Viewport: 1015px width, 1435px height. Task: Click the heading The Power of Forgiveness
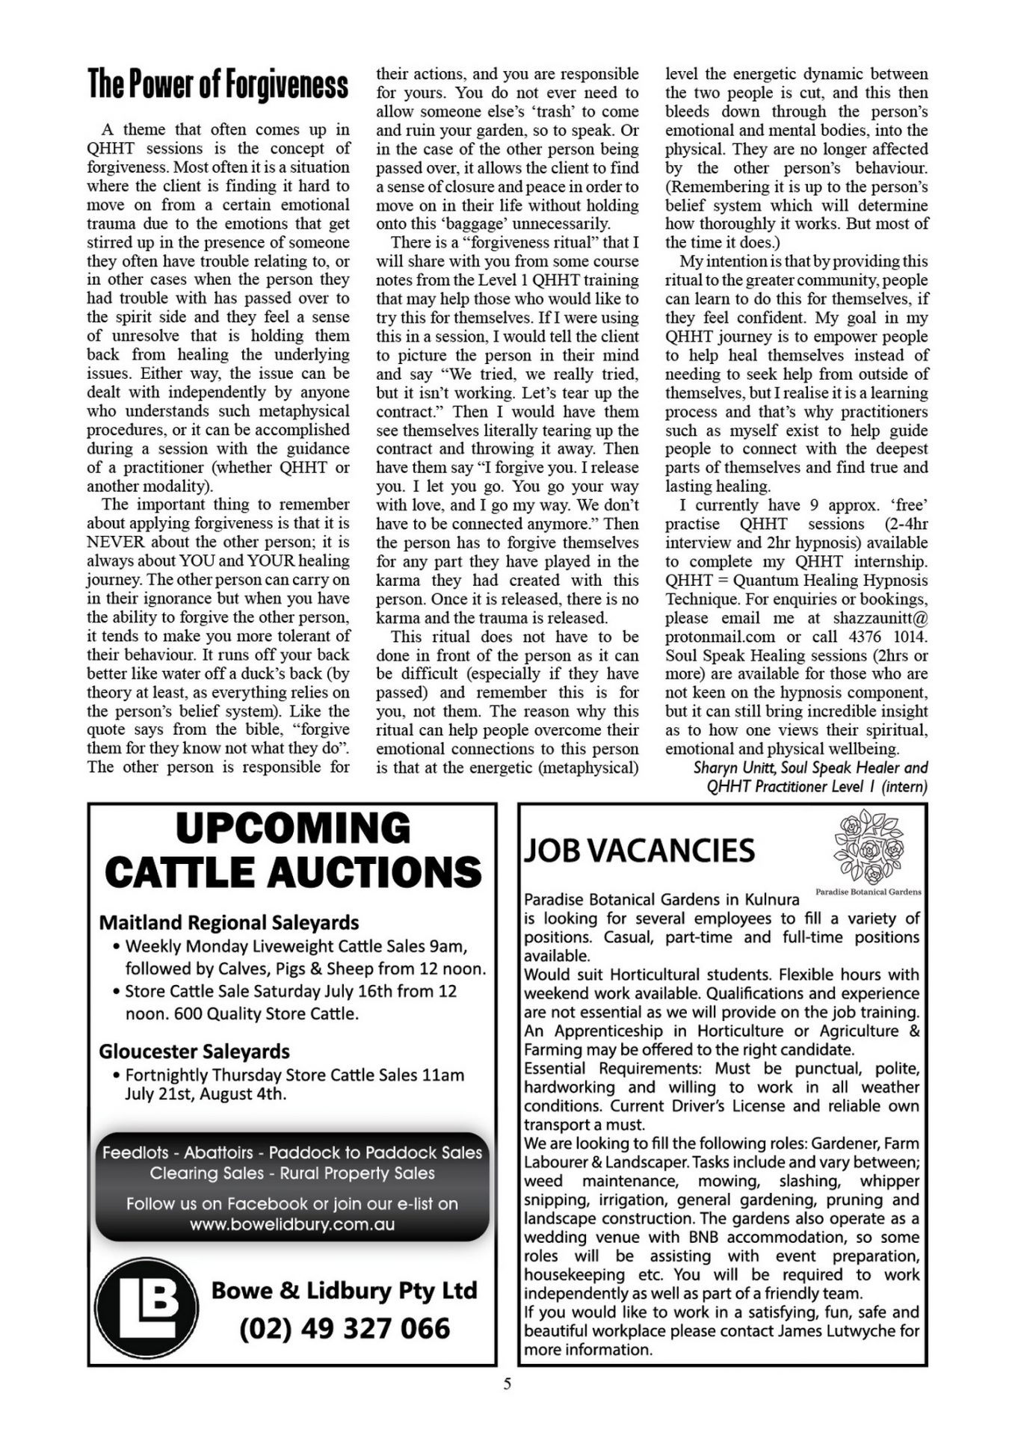(217, 84)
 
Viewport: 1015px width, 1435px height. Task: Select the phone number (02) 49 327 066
(345, 1328)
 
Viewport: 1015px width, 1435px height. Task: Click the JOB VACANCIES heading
(639, 850)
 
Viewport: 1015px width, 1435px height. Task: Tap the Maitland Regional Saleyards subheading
(229, 922)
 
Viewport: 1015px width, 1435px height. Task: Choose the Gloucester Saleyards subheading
(194, 1051)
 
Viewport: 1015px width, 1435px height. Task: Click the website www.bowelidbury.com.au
(291, 1224)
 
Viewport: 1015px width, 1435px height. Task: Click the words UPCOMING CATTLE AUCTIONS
(292, 850)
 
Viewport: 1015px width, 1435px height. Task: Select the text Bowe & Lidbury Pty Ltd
(344, 1291)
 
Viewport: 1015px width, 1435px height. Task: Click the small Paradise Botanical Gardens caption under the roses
(868, 892)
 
